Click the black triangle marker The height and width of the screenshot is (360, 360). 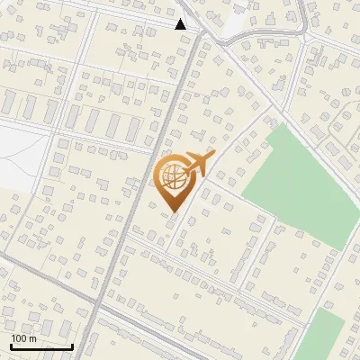click(x=181, y=24)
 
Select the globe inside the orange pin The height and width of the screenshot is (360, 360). click(x=175, y=178)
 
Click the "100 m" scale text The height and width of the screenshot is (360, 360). click(x=24, y=338)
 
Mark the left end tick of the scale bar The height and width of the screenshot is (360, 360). click(x=11, y=346)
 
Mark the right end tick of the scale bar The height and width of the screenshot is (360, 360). click(x=73, y=346)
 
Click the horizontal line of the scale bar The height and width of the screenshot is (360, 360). click(x=41, y=346)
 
